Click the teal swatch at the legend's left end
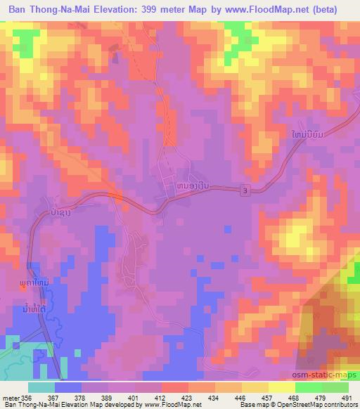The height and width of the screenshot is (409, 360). point(41,387)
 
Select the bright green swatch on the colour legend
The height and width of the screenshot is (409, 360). point(309,387)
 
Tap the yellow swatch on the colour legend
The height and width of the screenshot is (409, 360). point(282,387)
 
